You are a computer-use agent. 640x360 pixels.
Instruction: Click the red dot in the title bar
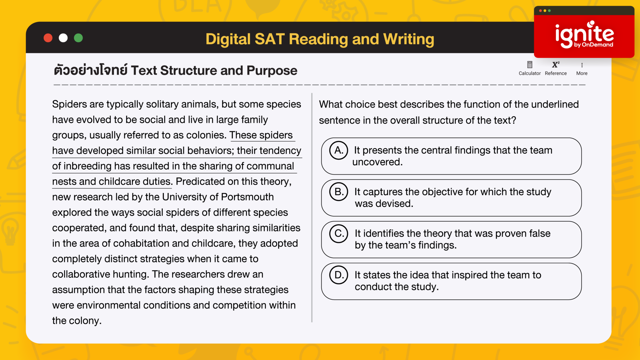(x=48, y=38)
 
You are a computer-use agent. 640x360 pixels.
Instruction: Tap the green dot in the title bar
(x=78, y=38)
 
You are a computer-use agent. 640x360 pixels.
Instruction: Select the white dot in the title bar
(x=63, y=38)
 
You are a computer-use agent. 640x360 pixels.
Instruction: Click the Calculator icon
(x=530, y=65)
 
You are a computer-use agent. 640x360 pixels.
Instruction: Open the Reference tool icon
(x=556, y=65)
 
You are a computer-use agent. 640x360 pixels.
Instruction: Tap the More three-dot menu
(x=582, y=65)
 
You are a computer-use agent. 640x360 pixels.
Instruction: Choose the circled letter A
(x=339, y=150)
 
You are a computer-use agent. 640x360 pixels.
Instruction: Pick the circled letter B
(x=339, y=192)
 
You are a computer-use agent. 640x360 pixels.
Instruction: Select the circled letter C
(x=339, y=233)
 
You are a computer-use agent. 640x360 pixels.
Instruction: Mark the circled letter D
(x=339, y=275)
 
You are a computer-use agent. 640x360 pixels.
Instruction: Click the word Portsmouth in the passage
(x=247, y=197)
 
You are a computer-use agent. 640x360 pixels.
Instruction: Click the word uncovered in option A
(x=377, y=162)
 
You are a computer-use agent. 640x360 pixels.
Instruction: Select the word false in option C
(x=538, y=233)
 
